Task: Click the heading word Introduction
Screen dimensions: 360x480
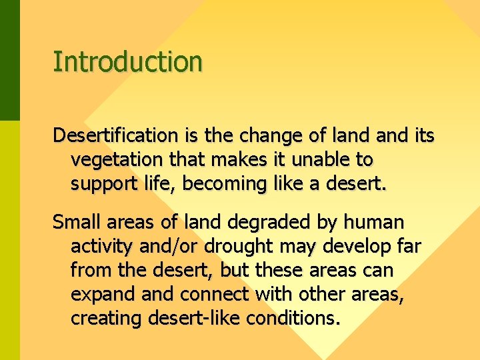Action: tap(127, 61)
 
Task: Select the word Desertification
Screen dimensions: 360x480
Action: tap(115, 136)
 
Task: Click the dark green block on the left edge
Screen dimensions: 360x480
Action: tap(10, 60)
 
